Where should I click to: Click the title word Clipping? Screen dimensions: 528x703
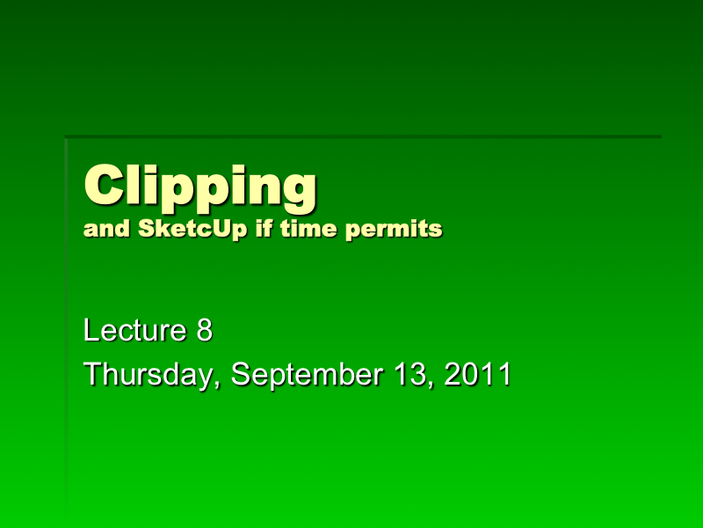coord(199,187)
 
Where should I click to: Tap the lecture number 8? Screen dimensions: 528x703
coord(205,332)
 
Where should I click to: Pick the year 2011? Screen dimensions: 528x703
coord(478,375)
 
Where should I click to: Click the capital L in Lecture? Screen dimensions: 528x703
coord(91,332)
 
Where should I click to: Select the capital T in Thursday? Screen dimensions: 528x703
coord(92,375)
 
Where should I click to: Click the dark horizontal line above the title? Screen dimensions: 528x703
coord(363,136)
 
